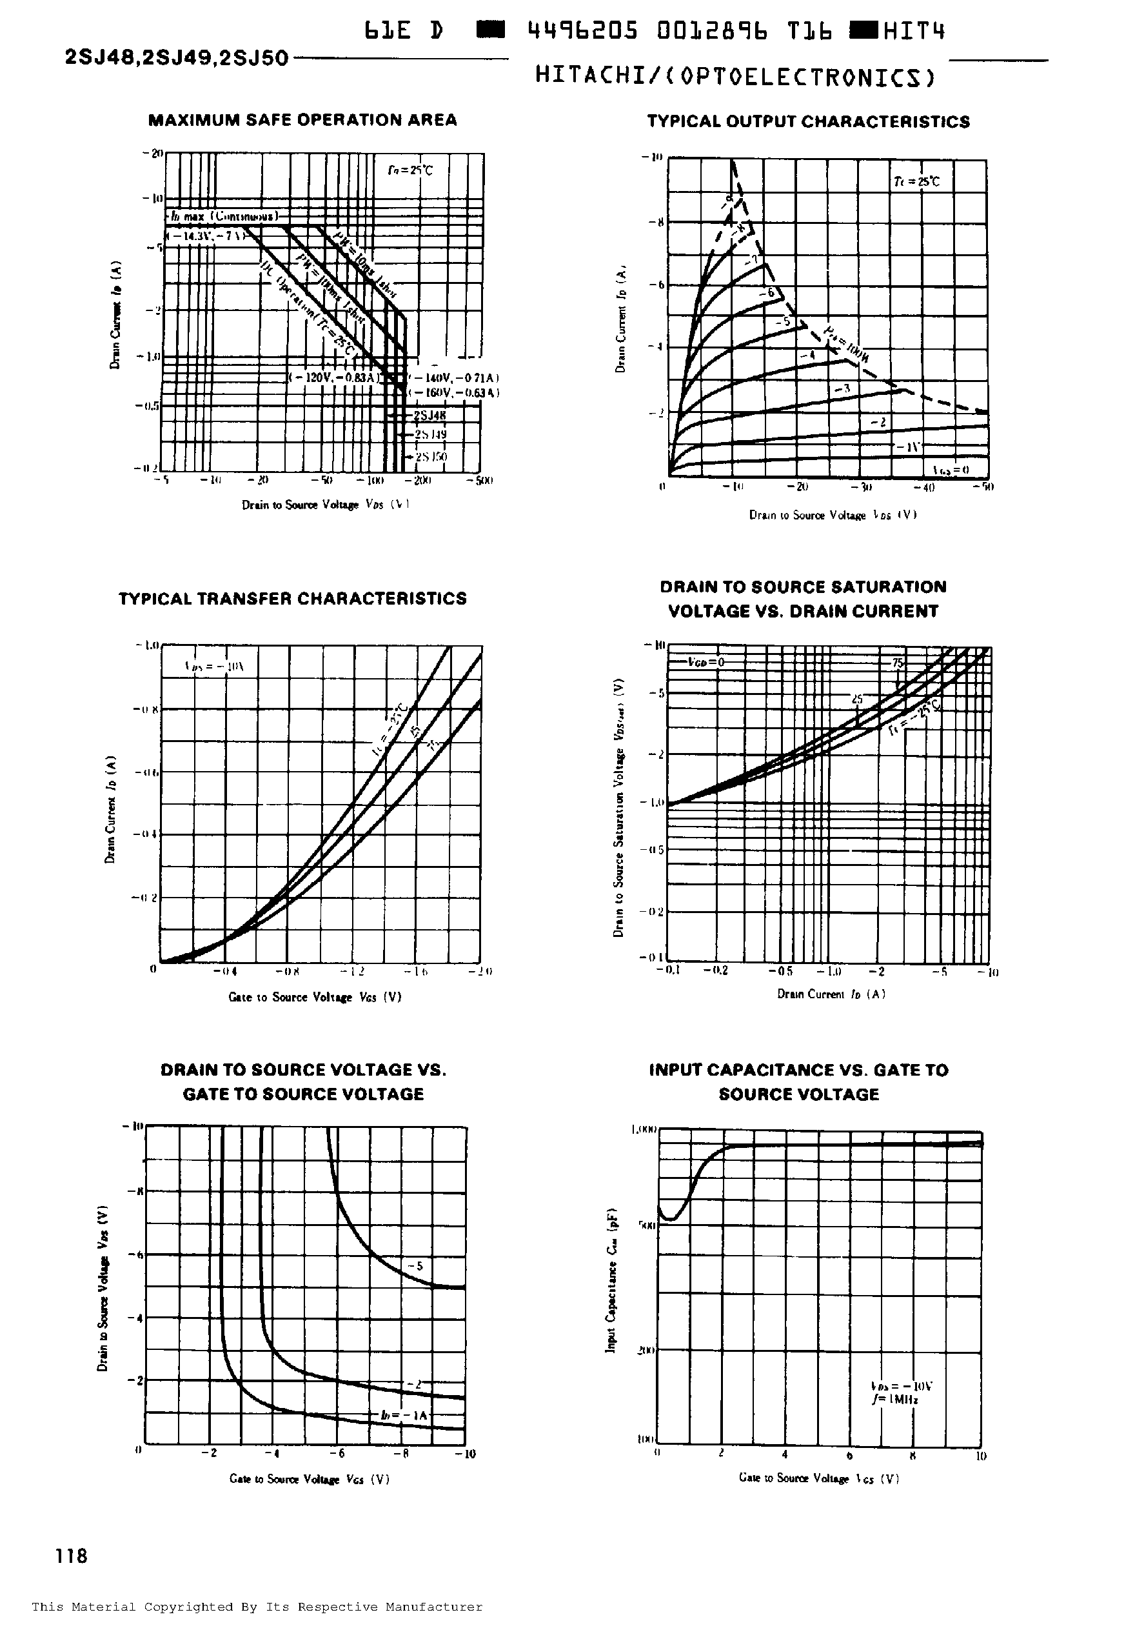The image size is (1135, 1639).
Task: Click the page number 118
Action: (x=72, y=1556)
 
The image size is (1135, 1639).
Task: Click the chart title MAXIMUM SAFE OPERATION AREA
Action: (x=302, y=119)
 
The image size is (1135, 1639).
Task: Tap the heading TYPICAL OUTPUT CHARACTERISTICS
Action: (x=808, y=122)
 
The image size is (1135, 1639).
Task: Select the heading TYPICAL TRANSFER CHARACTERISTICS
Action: (x=292, y=598)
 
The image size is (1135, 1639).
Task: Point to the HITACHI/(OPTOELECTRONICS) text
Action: (x=735, y=77)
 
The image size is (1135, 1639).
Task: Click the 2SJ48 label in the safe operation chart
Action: (x=429, y=416)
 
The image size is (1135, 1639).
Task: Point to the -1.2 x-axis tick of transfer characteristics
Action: (x=353, y=970)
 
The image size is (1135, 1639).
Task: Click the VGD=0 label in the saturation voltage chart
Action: (x=706, y=661)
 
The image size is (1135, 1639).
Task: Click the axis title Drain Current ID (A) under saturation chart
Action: (x=831, y=994)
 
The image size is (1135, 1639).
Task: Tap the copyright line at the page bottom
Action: (x=257, y=1606)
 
